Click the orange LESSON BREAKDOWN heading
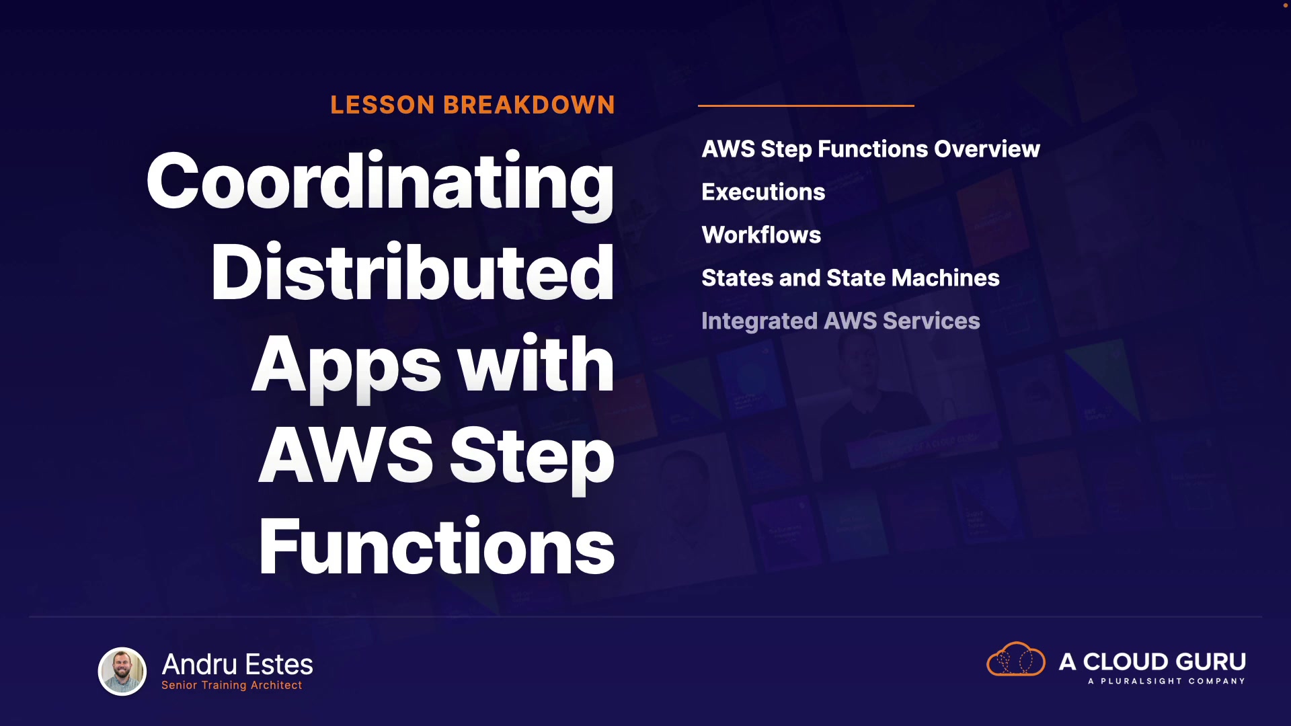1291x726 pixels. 473,105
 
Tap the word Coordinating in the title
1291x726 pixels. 380,184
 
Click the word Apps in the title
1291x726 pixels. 346,367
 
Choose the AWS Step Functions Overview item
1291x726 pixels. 871,149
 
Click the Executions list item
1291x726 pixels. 763,192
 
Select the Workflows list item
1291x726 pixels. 761,235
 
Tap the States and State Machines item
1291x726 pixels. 851,278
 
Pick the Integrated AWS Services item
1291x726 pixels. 840,321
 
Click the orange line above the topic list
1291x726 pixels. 806,106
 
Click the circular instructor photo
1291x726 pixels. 122,671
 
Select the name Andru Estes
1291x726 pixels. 237,664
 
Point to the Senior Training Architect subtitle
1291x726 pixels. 232,685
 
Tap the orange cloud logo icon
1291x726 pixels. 1016,659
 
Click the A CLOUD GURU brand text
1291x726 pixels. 1152,661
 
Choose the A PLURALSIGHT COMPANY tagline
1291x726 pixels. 1167,681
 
